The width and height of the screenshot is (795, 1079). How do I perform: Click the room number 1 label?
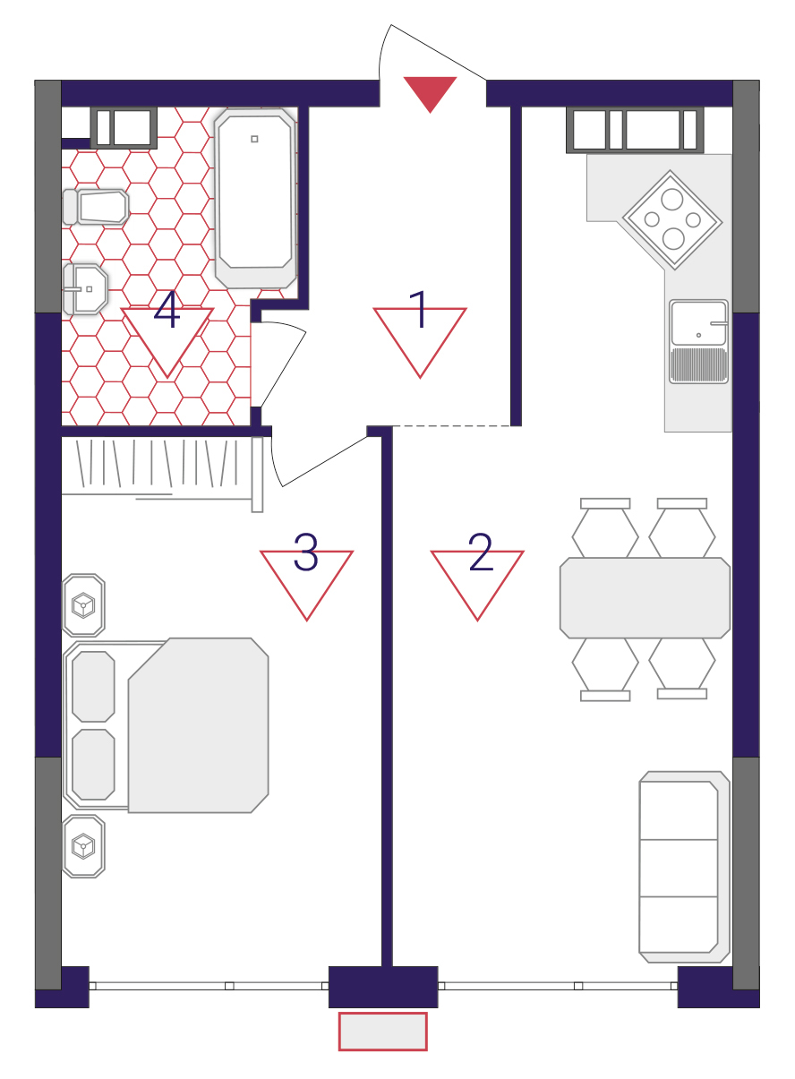(420, 310)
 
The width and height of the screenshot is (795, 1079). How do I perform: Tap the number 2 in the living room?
(481, 552)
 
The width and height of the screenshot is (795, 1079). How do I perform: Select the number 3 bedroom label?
(306, 552)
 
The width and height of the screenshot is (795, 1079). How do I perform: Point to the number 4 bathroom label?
(167, 310)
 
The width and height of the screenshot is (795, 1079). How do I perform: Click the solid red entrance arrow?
(430, 92)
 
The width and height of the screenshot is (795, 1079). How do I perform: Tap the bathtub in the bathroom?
(255, 199)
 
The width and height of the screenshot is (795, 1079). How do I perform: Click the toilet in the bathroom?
(96, 207)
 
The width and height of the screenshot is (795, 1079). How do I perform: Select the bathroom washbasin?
(85, 289)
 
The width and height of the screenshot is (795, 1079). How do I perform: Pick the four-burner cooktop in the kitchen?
(672, 219)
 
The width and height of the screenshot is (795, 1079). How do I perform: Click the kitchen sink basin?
(698, 322)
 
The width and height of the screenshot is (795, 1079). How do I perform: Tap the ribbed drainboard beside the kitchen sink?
(698, 365)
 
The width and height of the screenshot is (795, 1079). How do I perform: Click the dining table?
(645, 598)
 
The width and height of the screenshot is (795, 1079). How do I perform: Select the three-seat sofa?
(684, 867)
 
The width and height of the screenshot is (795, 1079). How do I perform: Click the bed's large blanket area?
(199, 725)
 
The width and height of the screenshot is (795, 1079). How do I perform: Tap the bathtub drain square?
(255, 139)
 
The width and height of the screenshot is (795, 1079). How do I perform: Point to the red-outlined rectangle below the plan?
(383, 1032)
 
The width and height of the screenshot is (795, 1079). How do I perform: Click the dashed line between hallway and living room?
(451, 426)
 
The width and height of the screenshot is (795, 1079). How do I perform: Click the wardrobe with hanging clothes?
(162, 475)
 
